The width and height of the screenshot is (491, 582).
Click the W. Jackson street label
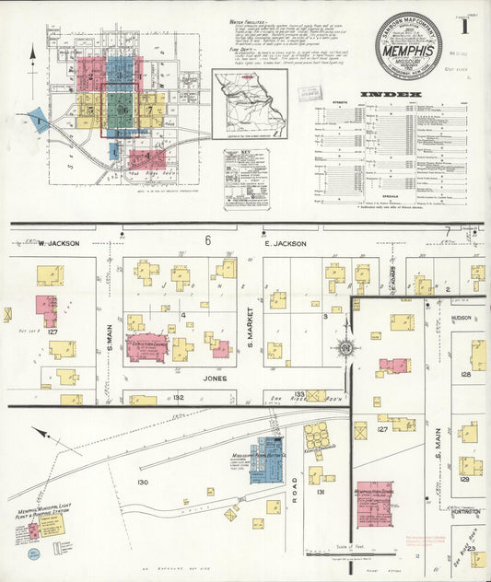(x=59, y=244)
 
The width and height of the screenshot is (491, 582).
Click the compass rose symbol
(x=346, y=348)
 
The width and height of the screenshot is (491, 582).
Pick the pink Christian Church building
(x=146, y=347)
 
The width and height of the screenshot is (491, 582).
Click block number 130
(x=143, y=483)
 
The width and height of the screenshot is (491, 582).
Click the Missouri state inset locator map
(x=250, y=102)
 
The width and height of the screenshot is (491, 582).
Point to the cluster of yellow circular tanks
(x=318, y=435)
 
